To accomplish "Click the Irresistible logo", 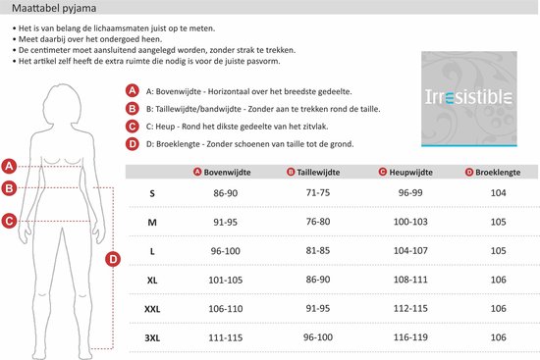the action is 469,99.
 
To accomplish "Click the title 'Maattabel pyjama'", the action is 54,8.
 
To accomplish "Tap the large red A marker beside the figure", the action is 9,166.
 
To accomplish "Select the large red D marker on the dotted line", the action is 113,259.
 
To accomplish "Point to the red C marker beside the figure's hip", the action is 9,221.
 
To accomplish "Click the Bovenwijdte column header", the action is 222,172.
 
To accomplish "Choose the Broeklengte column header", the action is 493,172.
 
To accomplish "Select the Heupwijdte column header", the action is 405,172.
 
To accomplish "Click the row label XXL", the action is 152,309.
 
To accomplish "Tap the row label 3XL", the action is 152,338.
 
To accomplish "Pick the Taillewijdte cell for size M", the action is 318,222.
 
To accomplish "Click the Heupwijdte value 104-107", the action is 410,250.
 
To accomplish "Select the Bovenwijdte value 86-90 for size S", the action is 225,193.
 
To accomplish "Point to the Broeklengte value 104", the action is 499,192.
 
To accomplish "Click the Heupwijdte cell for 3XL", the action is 410,337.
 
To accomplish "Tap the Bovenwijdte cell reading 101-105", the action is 225,280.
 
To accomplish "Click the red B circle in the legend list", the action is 132,109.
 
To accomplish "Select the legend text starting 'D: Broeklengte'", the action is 250,144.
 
